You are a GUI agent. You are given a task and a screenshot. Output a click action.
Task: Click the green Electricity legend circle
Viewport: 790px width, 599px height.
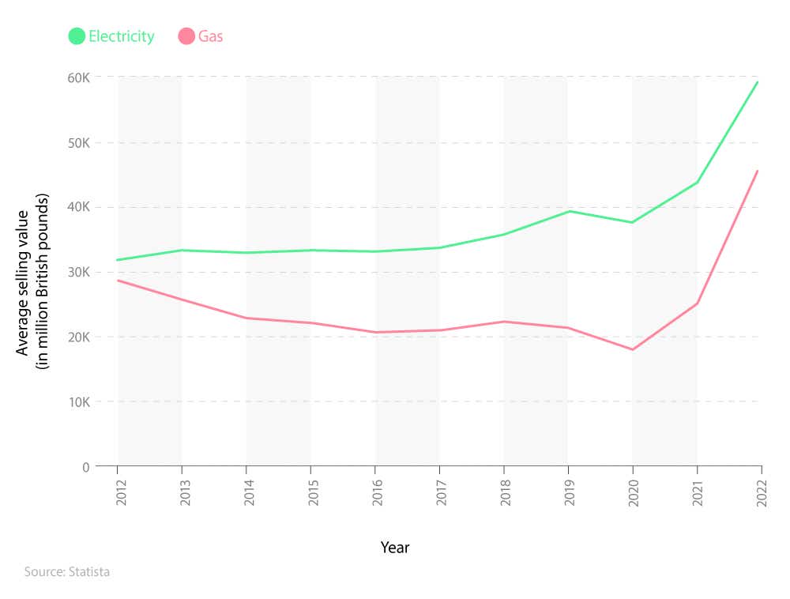pyautogui.click(x=77, y=36)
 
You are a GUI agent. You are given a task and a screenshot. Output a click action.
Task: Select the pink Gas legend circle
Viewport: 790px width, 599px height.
pyautogui.click(x=186, y=36)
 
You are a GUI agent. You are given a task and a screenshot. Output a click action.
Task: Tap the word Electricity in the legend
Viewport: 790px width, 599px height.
pyautogui.click(x=121, y=36)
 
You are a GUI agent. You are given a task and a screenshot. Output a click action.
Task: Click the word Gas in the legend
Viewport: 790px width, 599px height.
pyautogui.click(x=211, y=36)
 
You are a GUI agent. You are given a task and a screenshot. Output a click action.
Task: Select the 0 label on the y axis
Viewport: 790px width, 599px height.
pyautogui.click(x=86, y=466)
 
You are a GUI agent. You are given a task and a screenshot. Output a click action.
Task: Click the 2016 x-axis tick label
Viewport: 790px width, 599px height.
pyautogui.click(x=376, y=492)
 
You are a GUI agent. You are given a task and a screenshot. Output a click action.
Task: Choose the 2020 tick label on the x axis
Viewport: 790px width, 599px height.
pyautogui.click(x=633, y=492)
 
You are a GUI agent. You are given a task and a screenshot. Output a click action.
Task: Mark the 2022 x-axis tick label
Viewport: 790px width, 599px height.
pyautogui.click(x=761, y=492)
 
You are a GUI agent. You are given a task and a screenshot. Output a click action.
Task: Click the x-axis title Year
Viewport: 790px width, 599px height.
pyautogui.click(x=395, y=547)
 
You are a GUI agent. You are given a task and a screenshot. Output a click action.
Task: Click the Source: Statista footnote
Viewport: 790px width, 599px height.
pyautogui.click(x=66, y=571)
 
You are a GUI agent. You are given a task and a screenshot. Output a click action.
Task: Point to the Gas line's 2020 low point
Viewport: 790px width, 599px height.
pyautogui.click(x=633, y=349)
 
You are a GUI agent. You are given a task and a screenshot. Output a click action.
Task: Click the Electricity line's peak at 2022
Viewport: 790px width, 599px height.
pyautogui.click(x=758, y=81)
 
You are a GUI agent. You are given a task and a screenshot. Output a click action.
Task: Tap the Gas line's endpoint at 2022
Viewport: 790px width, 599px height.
pyautogui.click(x=758, y=170)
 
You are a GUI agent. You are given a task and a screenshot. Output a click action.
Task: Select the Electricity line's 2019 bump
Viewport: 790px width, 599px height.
pyautogui.click(x=568, y=211)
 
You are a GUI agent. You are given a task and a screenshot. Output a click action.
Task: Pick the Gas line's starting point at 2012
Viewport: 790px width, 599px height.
pyautogui.click(x=118, y=281)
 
